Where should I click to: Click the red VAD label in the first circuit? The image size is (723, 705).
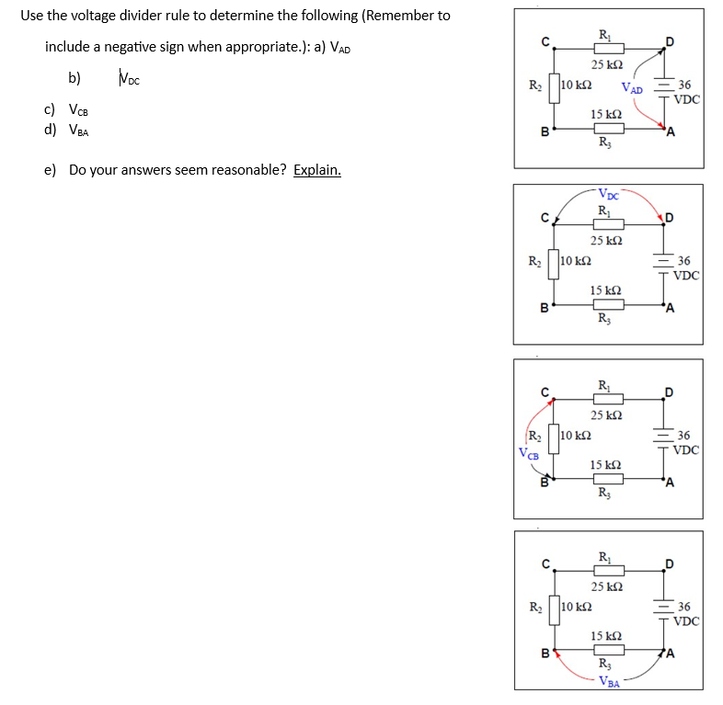[x=632, y=88]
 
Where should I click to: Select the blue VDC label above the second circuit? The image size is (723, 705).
[x=608, y=194]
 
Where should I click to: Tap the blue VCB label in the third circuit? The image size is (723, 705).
[x=528, y=452]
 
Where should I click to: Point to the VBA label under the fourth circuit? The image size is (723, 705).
[x=608, y=681]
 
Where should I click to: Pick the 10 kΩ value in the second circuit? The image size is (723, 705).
[x=575, y=260]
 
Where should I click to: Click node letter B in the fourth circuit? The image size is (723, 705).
[x=545, y=654]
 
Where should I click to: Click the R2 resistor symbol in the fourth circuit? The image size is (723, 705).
[x=551, y=608]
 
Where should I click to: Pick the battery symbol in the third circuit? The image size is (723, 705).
[x=662, y=438]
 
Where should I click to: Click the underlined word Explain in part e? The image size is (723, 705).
[x=317, y=170]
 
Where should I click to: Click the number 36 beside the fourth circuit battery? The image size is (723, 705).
[x=683, y=607]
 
